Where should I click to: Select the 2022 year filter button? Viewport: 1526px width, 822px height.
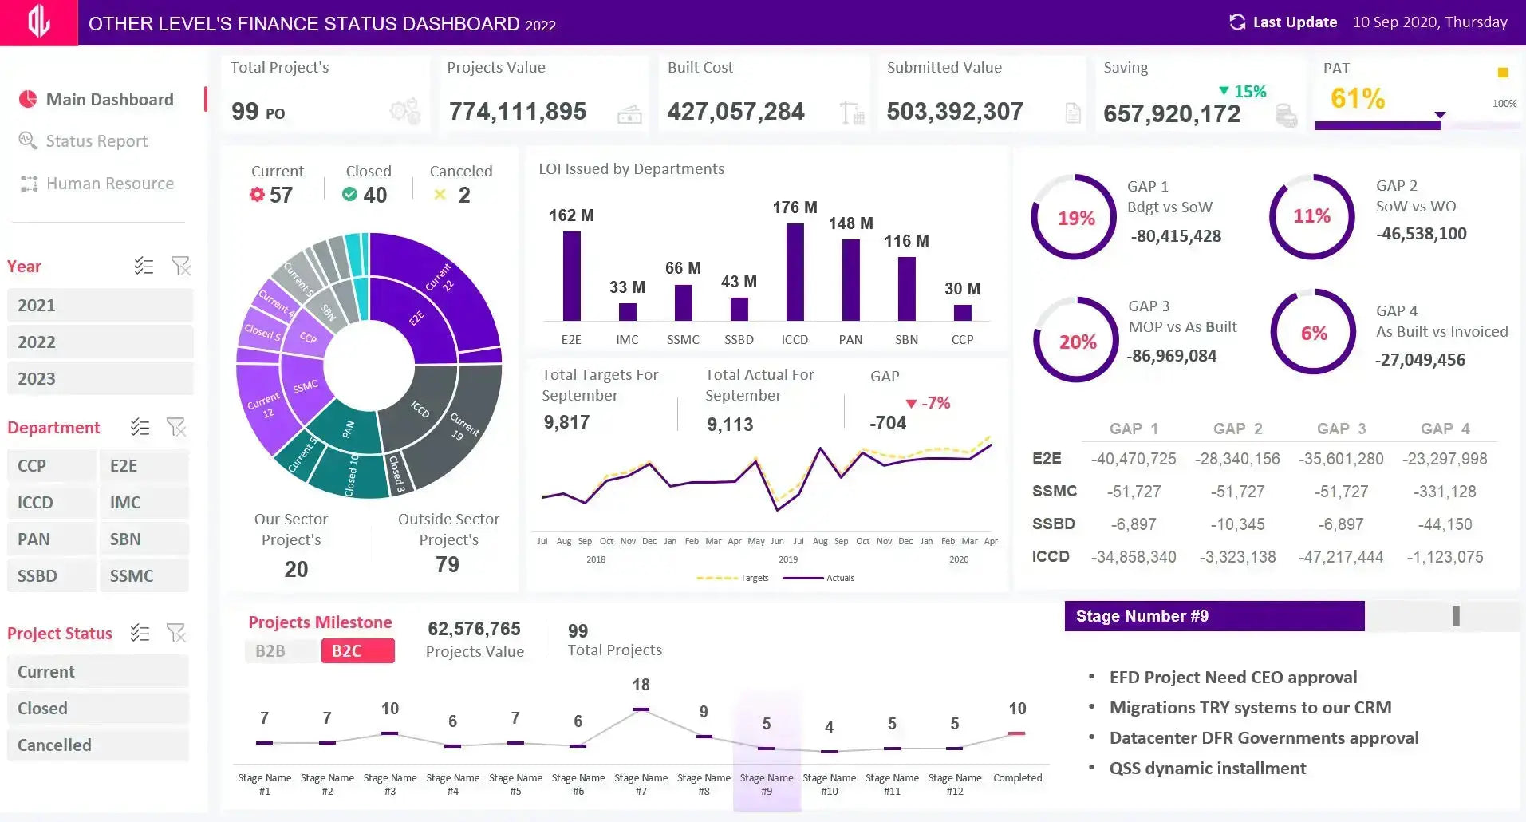pyautogui.click(x=100, y=342)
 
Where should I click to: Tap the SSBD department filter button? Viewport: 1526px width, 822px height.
pyautogui.click(x=51, y=575)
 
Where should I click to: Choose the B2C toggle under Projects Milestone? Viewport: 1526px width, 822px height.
pyautogui.click(x=357, y=650)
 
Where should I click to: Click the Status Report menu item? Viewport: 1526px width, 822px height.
pyautogui.click(x=97, y=141)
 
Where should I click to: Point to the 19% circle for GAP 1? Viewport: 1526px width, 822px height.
pyautogui.click(x=1075, y=218)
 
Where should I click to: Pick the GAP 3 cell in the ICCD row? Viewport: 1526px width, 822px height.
pyautogui.click(x=1340, y=557)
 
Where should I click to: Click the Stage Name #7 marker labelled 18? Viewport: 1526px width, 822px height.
pyautogui.click(x=641, y=709)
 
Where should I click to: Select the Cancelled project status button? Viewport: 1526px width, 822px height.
pyautogui.click(x=97, y=745)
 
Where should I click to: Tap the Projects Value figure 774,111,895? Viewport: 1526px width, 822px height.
pyautogui.click(x=518, y=112)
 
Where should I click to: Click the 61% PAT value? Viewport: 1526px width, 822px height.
pyautogui.click(x=1357, y=98)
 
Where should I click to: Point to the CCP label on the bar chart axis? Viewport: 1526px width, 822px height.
pyautogui.click(x=962, y=340)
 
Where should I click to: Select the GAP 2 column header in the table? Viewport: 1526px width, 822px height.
pyautogui.click(x=1237, y=429)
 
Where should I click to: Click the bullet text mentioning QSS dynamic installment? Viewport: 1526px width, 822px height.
pyautogui.click(x=1207, y=768)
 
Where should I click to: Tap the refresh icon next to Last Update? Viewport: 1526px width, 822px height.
pyautogui.click(x=1237, y=22)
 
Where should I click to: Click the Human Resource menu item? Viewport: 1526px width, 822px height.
pyautogui.click(x=109, y=184)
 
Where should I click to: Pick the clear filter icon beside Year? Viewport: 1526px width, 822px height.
pyautogui.click(x=181, y=266)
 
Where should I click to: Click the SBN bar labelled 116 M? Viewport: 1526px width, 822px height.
pyautogui.click(x=906, y=288)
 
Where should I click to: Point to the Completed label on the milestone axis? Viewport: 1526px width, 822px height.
pyautogui.click(x=1017, y=777)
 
